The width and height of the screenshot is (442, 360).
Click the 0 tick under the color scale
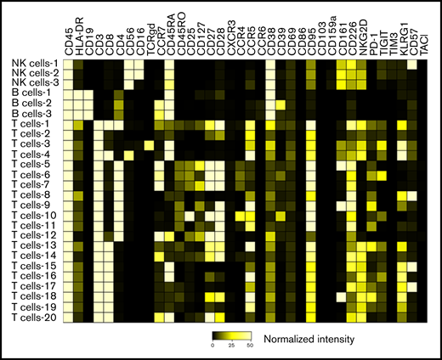[212, 345]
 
